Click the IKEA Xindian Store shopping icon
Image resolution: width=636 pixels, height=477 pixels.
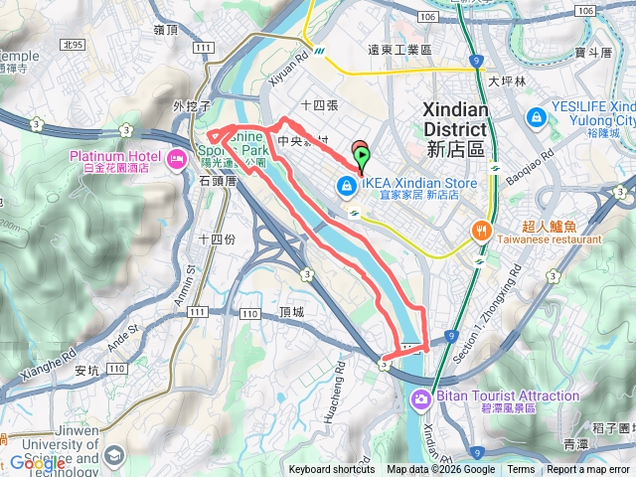[345, 185]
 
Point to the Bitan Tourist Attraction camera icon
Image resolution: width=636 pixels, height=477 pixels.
[421, 398]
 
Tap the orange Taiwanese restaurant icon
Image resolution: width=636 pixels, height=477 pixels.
[482, 230]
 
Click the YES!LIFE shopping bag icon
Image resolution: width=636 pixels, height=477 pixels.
[536, 116]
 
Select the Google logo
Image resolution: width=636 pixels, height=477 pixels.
[36, 462]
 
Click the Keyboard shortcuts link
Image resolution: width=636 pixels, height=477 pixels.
[332, 470]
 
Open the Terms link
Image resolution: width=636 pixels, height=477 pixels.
[521, 470]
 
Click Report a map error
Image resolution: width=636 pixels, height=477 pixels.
[589, 470]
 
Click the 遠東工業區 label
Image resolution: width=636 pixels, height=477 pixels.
[399, 49]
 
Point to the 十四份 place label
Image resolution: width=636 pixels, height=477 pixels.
[216, 238]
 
